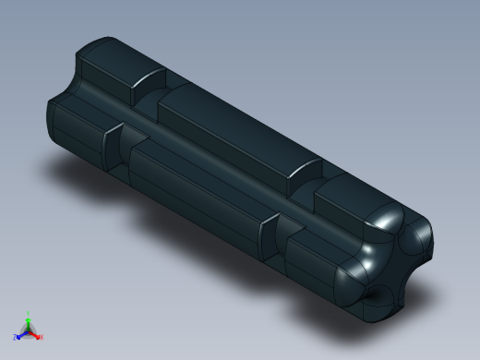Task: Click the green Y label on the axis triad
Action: point(29,314)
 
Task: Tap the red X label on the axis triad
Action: point(41,337)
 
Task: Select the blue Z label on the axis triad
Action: point(17,338)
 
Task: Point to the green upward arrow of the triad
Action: point(29,322)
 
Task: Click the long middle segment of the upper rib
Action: point(231,129)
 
